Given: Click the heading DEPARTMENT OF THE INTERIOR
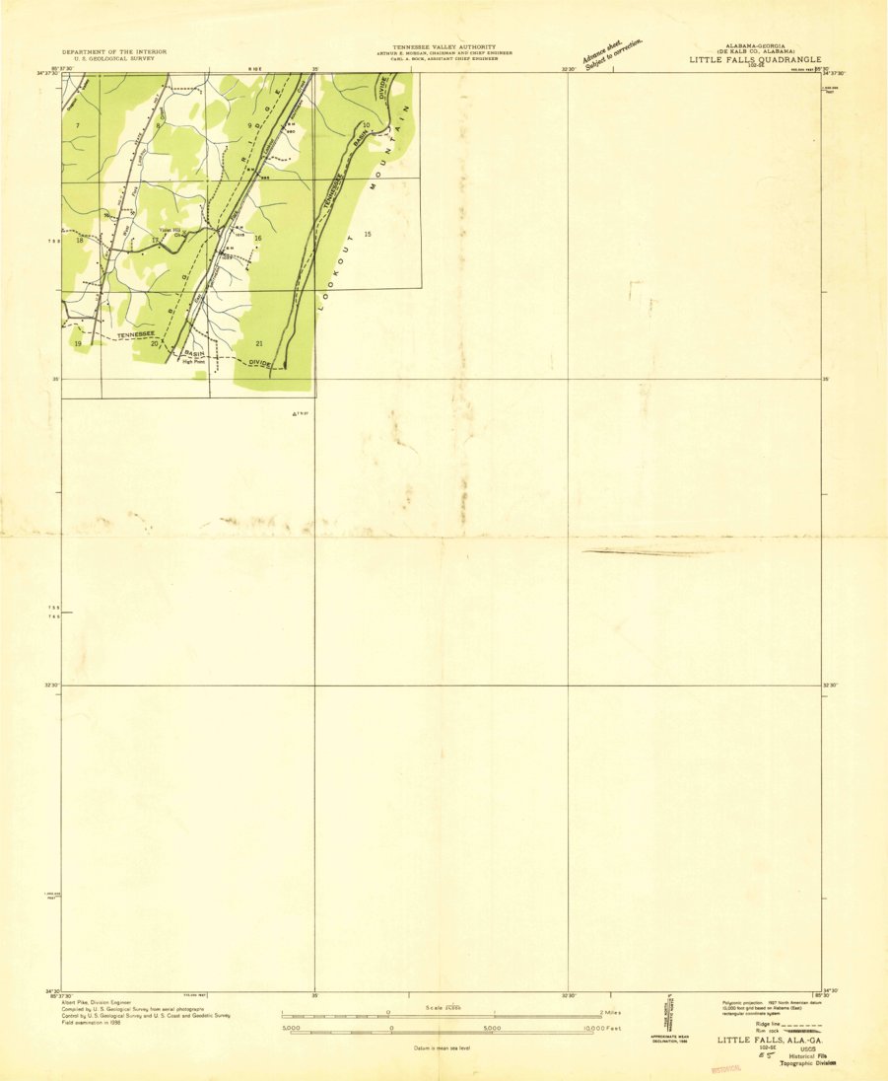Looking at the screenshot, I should pyautogui.click(x=114, y=51).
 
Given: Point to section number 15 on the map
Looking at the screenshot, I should pyautogui.click(x=367, y=234).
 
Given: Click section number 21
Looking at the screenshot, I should pyautogui.click(x=259, y=343).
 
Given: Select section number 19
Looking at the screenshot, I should pyautogui.click(x=78, y=343).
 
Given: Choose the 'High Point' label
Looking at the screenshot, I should pyautogui.click(x=192, y=361).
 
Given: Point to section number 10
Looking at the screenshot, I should pyautogui.click(x=366, y=124).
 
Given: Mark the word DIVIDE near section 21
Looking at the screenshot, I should pyautogui.click(x=259, y=364).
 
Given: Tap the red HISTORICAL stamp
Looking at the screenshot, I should pyautogui.click(x=724, y=1068).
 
